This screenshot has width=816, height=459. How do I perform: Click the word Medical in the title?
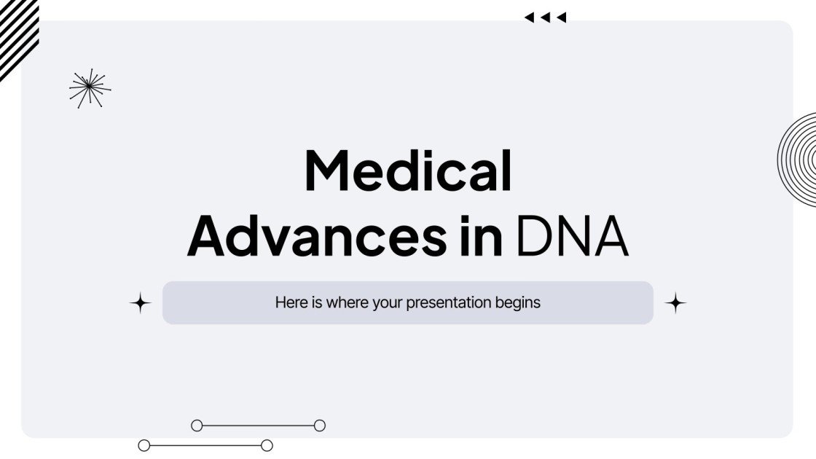click(408, 171)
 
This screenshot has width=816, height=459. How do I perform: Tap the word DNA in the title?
click(573, 235)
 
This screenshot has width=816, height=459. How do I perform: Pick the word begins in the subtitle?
click(518, 302)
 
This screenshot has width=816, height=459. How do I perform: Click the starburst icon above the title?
click(90, 88)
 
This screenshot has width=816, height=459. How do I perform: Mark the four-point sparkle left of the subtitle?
click(140, 303)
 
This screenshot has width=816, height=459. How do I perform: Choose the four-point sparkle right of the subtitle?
click(675, 303)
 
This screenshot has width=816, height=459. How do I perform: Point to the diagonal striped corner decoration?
click(16, 33)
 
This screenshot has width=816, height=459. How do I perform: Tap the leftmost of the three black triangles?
click(529, 17)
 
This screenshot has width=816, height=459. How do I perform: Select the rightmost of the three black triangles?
click(561, 17)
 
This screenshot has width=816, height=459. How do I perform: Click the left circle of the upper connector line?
click(197, 425)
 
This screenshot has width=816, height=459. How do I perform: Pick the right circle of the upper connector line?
click(319, 425)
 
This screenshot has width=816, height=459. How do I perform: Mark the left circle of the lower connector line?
click(144, 445)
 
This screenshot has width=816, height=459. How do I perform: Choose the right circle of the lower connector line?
click(267, 445)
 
